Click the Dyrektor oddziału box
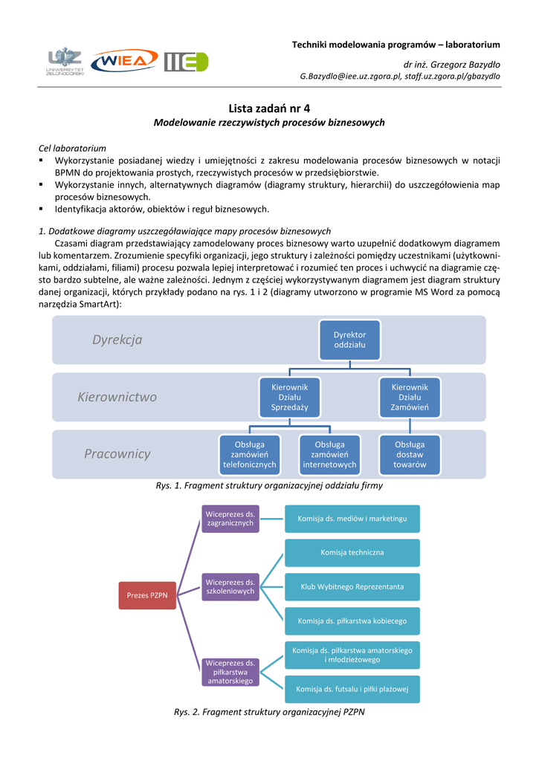(x=349, y=340)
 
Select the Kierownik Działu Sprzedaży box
(x=289, y=397)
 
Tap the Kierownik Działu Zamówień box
(x=410, y=397)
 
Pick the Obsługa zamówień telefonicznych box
(x=249, y=454)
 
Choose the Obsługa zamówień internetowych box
(x=329, y=454)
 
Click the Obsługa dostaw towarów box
(x=410, y=454)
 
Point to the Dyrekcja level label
(x=117, y=340)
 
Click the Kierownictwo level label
(x=117, y=397)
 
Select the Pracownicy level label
(x=117, y=453)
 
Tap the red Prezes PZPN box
(x=147, y=595)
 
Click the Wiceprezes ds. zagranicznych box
(x=230, y=518)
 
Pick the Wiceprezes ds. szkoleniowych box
(x=230, y=586)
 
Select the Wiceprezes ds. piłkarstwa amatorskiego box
(x=230, y=671)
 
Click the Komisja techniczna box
(x=352, y=553)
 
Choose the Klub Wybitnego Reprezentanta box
(x=352, y=586)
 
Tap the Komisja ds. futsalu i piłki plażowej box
(x=352, y=689)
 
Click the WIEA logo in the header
(x=124, y=61)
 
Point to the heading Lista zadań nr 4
(x=269, y=108)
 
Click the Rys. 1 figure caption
(x=269, y=485)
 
